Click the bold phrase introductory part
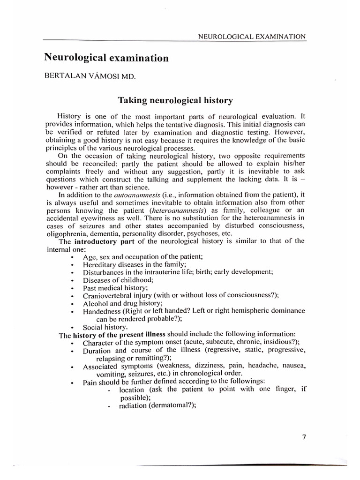(101, 241)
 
